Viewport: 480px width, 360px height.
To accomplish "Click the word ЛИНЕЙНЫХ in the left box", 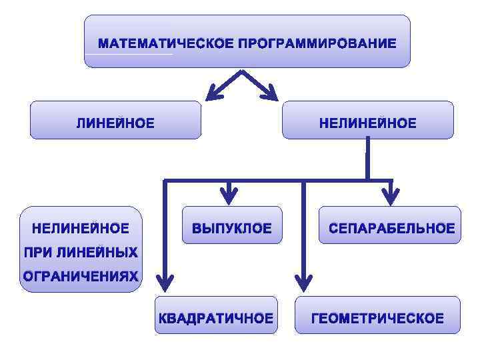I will click(97, 253).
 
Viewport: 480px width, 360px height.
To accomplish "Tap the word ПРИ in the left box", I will click(38, 253).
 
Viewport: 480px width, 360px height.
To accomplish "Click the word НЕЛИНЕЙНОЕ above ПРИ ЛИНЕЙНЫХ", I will click(81, 229).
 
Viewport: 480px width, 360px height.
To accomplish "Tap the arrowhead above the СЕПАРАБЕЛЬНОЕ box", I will click(391, 196).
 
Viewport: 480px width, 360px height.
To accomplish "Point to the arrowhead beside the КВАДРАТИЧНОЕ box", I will click(164, 280).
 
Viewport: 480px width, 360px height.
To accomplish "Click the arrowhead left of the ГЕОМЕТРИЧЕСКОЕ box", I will click(303, 280).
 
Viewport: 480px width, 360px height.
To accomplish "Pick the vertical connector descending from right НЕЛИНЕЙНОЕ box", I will click(367, 159).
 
